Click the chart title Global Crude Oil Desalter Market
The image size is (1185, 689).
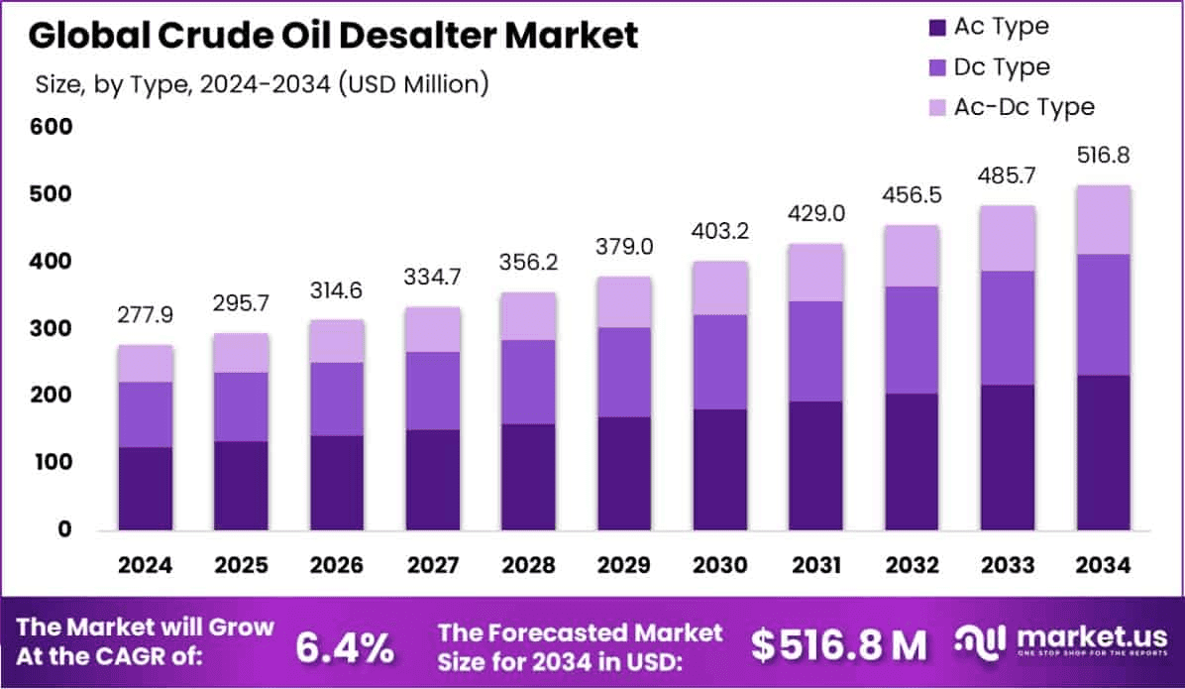[333, 36]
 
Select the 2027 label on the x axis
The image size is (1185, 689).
[432, 565]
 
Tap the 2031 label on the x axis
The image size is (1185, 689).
[815, 565]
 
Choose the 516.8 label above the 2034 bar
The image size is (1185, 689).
[1104, 156]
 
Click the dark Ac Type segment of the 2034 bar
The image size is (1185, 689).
[1104, 452]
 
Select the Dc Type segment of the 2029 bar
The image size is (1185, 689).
[624, 372]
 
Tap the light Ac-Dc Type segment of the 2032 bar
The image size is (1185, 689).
[912, 256]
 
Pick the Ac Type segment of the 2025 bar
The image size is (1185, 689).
[241, 485]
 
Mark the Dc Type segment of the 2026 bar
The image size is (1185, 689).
[337, 399]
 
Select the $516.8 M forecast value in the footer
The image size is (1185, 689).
[838, 646]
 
